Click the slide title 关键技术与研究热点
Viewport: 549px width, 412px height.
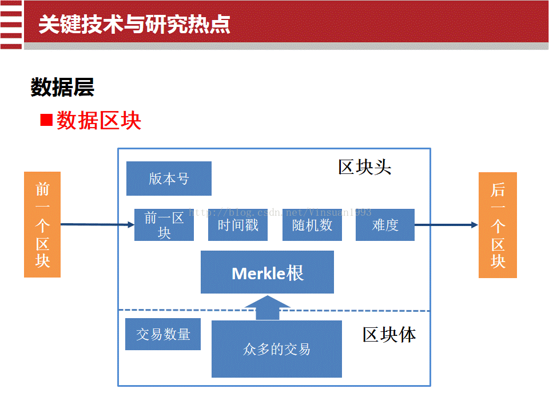tap(134, 25)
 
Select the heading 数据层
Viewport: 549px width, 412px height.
tap(62, 87)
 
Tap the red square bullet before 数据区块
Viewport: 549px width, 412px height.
tap(46, 120)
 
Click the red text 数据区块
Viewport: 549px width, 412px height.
tap(99, 121)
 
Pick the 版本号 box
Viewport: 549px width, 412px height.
tap(169, 179)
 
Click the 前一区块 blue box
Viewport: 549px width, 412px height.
tap(164, 225)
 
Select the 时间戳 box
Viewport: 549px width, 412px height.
tap(238, 225)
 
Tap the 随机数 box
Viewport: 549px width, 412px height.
tap(312, 225)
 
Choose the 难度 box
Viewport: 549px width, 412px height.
tap(385, 225)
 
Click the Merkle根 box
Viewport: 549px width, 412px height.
tap(267, 272)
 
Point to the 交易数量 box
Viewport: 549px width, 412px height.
tap(163, 334)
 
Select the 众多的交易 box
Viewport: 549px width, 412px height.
tap(277, 349)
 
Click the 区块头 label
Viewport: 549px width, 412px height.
tap(364, 167)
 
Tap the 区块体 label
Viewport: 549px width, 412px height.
tap(389, 335)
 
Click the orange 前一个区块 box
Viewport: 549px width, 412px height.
tap(42, 224)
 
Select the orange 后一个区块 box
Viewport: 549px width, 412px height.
tap(498, 225)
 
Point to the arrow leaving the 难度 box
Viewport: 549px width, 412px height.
tap(447, 225)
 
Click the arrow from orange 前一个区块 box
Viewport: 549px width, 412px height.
tap(98, 224)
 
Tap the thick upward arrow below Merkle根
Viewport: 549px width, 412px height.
tap(268, 308)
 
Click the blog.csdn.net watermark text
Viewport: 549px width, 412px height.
tap(280, 212)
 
